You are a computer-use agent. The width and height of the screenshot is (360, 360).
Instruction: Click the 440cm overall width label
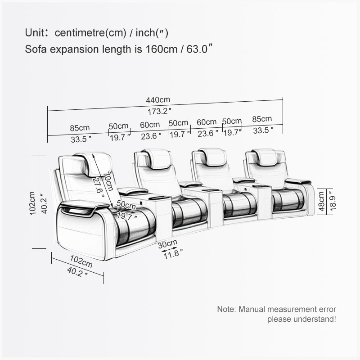click(x=158, y=100)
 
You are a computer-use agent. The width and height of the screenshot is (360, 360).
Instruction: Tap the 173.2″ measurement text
click(x=159, y=112)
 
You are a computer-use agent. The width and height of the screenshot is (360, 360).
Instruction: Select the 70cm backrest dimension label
click(x=108, y=182)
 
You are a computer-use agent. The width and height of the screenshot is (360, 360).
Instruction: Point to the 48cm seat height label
click(x=322, y=201)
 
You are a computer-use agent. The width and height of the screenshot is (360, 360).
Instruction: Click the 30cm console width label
click(x=167, y=243)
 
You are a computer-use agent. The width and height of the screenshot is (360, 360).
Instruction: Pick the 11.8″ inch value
click(x=173, y=254)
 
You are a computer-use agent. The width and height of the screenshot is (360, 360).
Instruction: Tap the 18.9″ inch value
click(x=333, y=201)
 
